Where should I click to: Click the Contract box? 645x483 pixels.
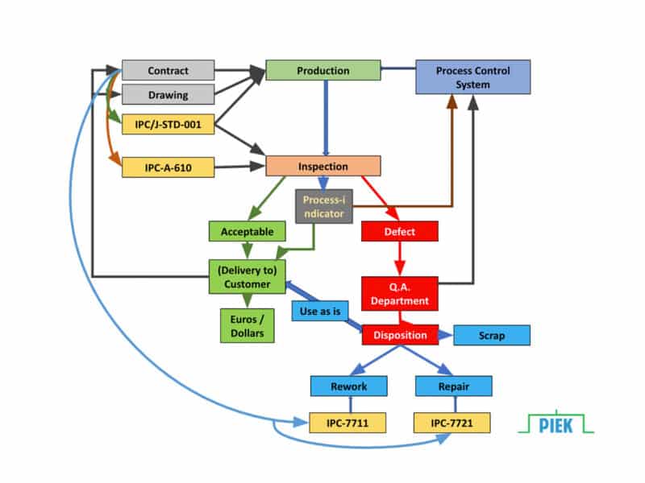pos(168,71)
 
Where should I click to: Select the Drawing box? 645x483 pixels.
pos(168,95)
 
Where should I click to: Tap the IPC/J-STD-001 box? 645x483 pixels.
pos(168,125)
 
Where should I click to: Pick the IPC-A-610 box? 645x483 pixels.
pos(168,167)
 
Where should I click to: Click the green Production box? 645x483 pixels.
pos(322,71)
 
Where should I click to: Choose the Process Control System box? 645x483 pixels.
pos(472,77)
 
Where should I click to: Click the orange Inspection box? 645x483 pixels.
pos(322,167)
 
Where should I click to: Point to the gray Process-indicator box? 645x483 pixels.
pos(323,207)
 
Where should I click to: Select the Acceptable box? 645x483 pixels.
pos(247,232)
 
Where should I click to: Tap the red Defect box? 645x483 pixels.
pos(399,232)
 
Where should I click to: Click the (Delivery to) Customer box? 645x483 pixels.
pos(247,276)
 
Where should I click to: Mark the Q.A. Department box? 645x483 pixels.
pos(399,293)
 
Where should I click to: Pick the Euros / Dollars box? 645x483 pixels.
pos(247,325)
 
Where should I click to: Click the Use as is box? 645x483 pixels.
pos(319,311)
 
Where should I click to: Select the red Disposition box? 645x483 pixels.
pos(399,335)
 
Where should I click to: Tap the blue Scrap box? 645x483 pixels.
pos(491,335)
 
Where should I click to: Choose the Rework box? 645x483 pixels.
pos(348,386)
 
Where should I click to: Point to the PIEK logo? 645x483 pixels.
pos(556,423)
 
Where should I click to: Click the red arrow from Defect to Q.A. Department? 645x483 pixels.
pos(399,259)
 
